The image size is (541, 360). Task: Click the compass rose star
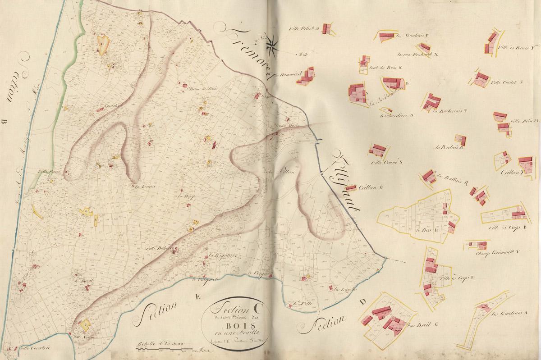point(272,44)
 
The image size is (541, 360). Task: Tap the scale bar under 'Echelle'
point(165,349)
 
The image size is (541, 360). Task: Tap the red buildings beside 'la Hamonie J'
point(306,76)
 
